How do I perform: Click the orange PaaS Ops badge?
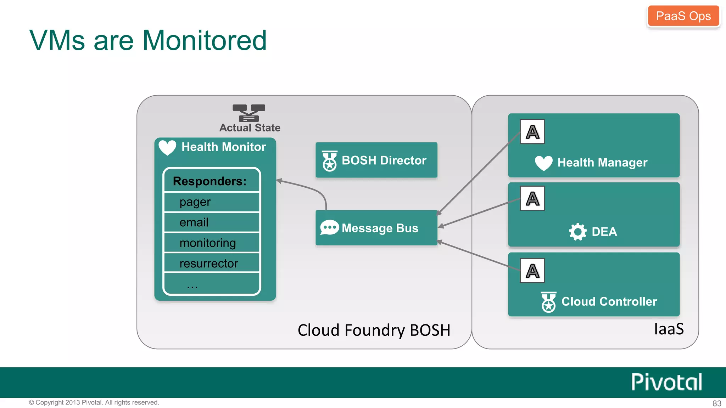pos(683,16)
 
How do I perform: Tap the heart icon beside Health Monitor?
pos(167,147)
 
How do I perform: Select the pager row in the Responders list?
pos(212,202)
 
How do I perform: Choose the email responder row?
pos(212,222)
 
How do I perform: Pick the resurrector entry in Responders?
pos(212,263)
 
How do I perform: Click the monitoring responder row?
pos(212,243)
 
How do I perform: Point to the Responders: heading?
pos(210,181)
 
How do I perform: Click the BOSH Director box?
pos(376,160)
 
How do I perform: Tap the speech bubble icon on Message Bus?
pos(329,228)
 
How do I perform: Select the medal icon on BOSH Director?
pos(329,161)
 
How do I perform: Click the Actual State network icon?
pos(249,113)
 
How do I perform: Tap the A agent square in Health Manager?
pos(532,132)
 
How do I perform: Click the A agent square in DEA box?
pos(532,198)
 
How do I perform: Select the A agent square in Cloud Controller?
pos(532,271)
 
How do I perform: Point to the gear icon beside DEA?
pos(578,232)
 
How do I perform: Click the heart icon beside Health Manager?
pos(543,163)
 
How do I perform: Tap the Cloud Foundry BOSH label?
pos(374,330)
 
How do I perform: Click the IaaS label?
pos(669,329)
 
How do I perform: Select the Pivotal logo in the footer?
pos(666,382)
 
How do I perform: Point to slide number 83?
pos(717,403)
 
